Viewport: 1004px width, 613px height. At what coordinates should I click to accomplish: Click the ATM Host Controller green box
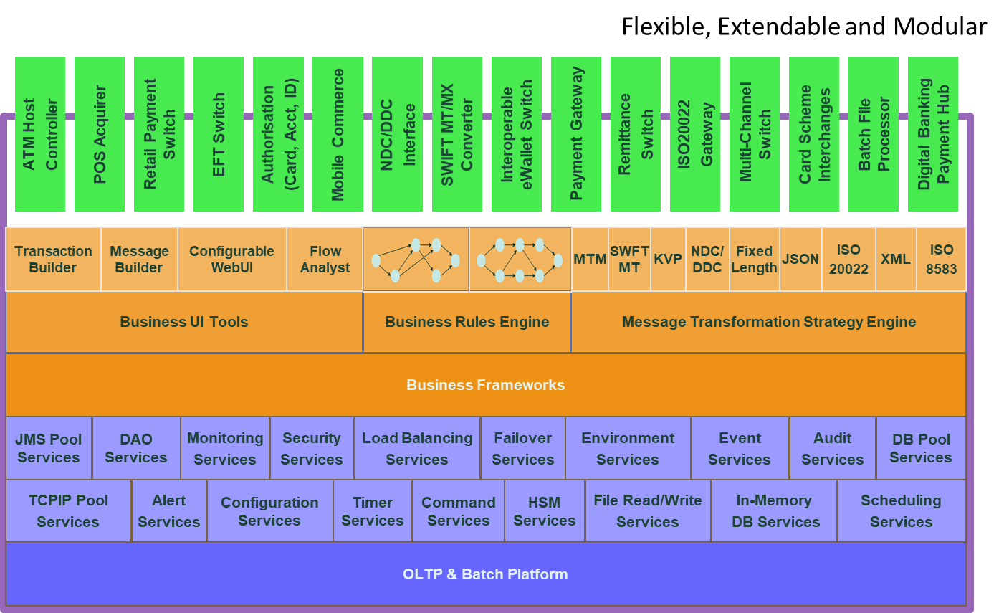40,134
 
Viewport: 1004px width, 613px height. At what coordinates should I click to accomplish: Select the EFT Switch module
219,134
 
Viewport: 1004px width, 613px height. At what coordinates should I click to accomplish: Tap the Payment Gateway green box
576,134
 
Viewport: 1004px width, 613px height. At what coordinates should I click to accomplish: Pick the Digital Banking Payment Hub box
933,134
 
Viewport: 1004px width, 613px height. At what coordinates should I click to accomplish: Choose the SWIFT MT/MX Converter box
457,134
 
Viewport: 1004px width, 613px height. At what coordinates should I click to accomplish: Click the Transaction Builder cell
53,260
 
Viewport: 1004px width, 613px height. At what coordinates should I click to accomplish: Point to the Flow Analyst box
325,260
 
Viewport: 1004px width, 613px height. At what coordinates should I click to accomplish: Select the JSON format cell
800,260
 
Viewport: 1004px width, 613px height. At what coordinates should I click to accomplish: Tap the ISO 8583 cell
941,260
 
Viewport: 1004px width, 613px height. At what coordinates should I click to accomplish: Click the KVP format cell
668,260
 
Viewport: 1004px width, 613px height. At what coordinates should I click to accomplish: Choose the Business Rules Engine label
467,323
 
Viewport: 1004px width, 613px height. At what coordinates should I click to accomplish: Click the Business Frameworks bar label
485,385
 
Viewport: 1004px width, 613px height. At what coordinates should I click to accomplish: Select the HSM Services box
545,511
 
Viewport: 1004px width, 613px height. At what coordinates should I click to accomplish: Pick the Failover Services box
523,449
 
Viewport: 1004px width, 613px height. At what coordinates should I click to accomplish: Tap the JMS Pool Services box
49,449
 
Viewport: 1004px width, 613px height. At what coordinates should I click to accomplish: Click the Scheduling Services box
901,511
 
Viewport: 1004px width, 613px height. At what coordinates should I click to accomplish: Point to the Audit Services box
833,449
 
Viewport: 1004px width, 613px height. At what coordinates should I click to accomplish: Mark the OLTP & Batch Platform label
485,574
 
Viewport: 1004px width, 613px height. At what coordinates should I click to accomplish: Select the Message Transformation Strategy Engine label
769,323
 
